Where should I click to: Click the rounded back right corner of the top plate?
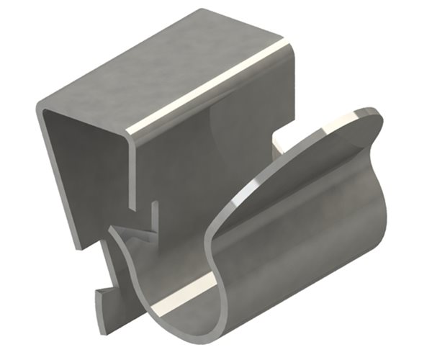coord(288,43)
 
